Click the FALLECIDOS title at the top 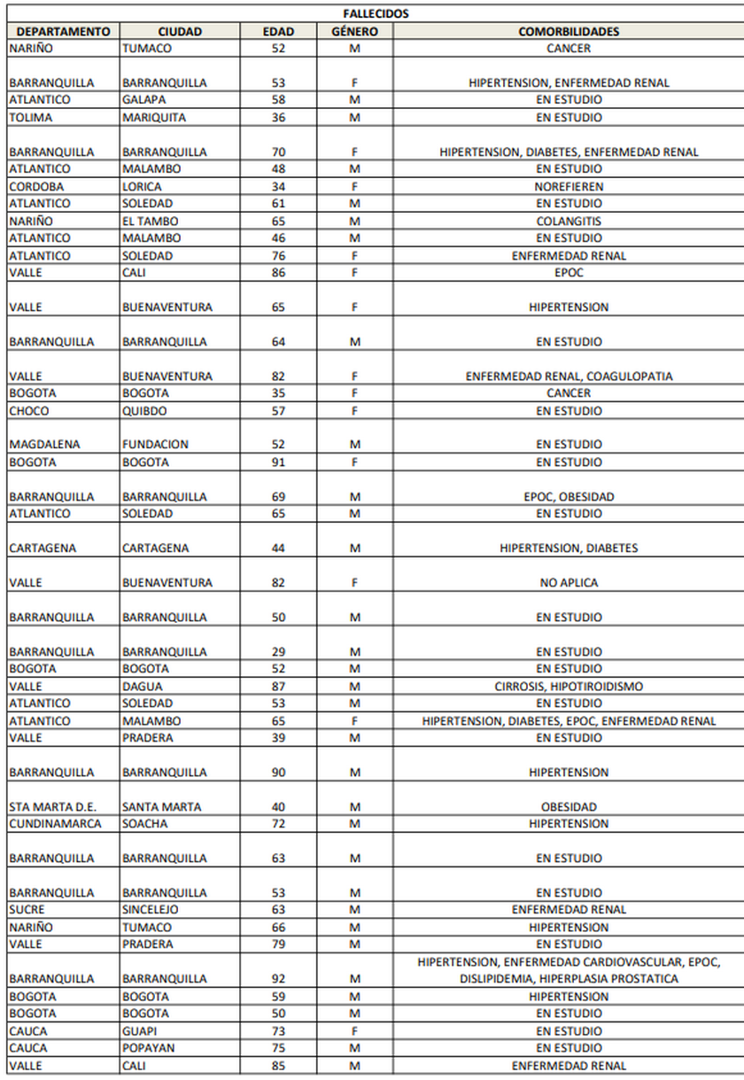376,14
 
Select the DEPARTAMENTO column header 62,32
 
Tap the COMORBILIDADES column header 569,32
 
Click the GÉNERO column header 354,32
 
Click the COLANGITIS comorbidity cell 569,221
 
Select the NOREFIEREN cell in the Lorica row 569,187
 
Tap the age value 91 279,462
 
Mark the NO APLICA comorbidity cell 569,583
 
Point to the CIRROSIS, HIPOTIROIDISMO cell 569,687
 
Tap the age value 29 279,652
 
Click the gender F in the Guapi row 354,1031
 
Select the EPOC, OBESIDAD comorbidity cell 569,497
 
